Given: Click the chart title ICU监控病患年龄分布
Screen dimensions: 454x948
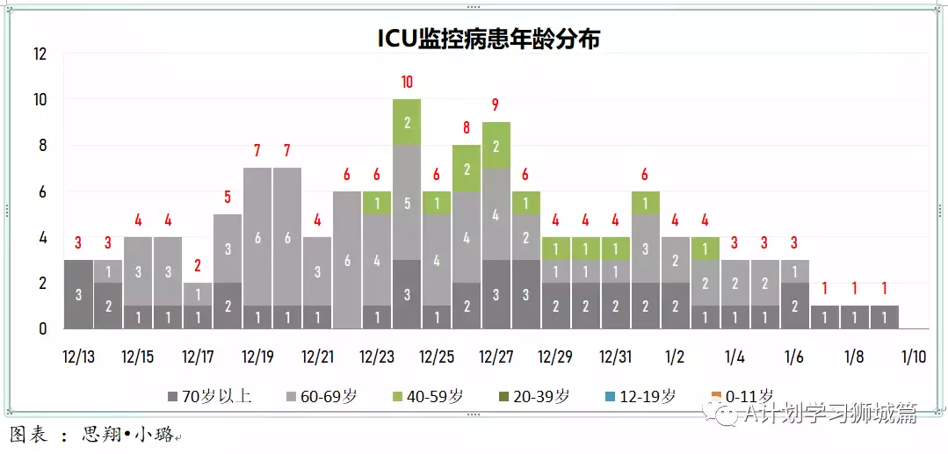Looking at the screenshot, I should point(488,40).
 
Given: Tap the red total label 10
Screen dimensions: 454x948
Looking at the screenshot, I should point(407,83).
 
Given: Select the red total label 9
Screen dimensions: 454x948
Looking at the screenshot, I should point(496,104).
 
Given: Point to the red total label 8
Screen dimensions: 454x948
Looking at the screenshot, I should point(466,127).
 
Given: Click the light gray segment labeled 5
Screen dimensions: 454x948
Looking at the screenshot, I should point(407,203).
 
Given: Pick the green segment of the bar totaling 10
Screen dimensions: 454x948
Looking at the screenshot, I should point(407,122).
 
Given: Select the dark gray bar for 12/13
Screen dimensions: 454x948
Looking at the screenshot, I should point(78,294).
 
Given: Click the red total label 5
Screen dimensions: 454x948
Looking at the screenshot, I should point(227,197).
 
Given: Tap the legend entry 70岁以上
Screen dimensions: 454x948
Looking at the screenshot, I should point(209,396).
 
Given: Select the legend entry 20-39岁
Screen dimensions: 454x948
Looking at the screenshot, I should point(535,396).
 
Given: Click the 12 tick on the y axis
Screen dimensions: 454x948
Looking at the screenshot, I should point(40,54).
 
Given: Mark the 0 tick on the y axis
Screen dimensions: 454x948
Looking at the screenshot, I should point(42,329).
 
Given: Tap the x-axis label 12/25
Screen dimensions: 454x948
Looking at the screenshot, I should point(437,357).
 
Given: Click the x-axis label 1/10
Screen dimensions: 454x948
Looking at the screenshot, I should point(914,357).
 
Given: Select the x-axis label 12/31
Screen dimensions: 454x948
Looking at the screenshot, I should point(615,357).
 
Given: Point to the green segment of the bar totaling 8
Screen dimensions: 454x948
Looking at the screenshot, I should point(466,169).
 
